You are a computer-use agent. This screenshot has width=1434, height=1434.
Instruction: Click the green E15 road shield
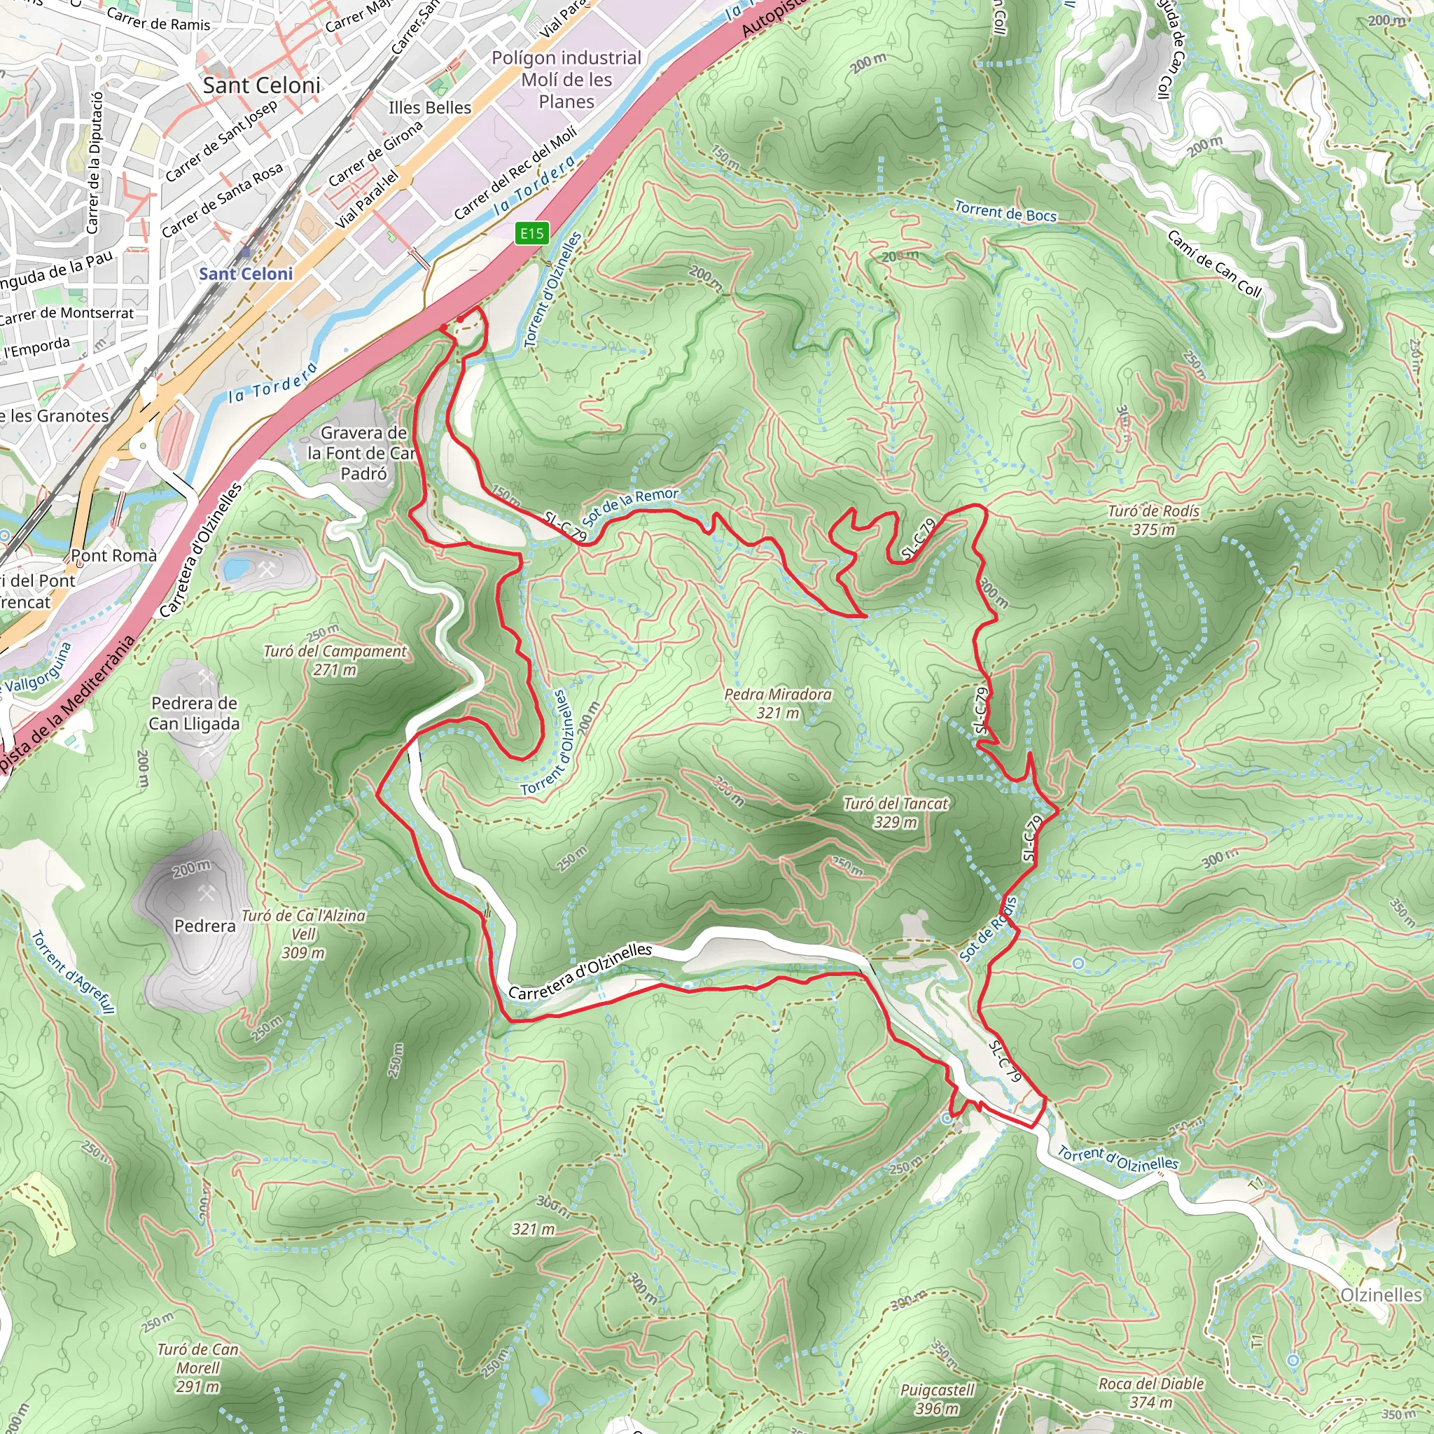pos(531,234)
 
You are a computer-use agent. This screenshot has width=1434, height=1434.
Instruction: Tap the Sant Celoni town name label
pos(261,85)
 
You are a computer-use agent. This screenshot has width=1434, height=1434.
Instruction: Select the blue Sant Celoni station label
pos(246,274)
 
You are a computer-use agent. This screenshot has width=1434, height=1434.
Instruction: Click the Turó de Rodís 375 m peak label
pos(1153,520)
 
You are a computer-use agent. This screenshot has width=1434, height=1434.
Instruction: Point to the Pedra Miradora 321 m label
pos(778,704)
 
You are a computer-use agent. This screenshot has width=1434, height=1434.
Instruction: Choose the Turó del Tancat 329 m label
pos(895,813)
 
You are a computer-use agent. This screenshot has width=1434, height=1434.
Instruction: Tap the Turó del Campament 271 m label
pos(335,660)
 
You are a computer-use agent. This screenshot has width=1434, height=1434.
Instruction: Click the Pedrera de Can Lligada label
pos(195,713)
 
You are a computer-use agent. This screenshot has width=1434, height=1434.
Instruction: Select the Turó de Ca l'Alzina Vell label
pos(304,934)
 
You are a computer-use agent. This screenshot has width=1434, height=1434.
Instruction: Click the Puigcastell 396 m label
pos(937,1399)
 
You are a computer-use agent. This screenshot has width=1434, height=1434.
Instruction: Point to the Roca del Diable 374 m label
pos(1151,1393)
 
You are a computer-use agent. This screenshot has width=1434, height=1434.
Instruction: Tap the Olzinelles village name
pos(1381,1295)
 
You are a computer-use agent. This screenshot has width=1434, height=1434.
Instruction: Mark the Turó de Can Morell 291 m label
pos(197,1368)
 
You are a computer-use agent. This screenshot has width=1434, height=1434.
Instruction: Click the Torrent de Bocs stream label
pos(1005,212)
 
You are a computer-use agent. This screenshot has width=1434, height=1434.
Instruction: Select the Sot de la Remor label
pos(630,504)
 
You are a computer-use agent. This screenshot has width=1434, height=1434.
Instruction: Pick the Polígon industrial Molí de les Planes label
pos(566,79)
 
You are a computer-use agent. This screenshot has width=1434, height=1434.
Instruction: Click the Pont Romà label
pos(113,556)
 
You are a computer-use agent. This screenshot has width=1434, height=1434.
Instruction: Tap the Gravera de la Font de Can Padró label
pos(362,453)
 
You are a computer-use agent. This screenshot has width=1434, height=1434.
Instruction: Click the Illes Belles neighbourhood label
pos(430,108)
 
